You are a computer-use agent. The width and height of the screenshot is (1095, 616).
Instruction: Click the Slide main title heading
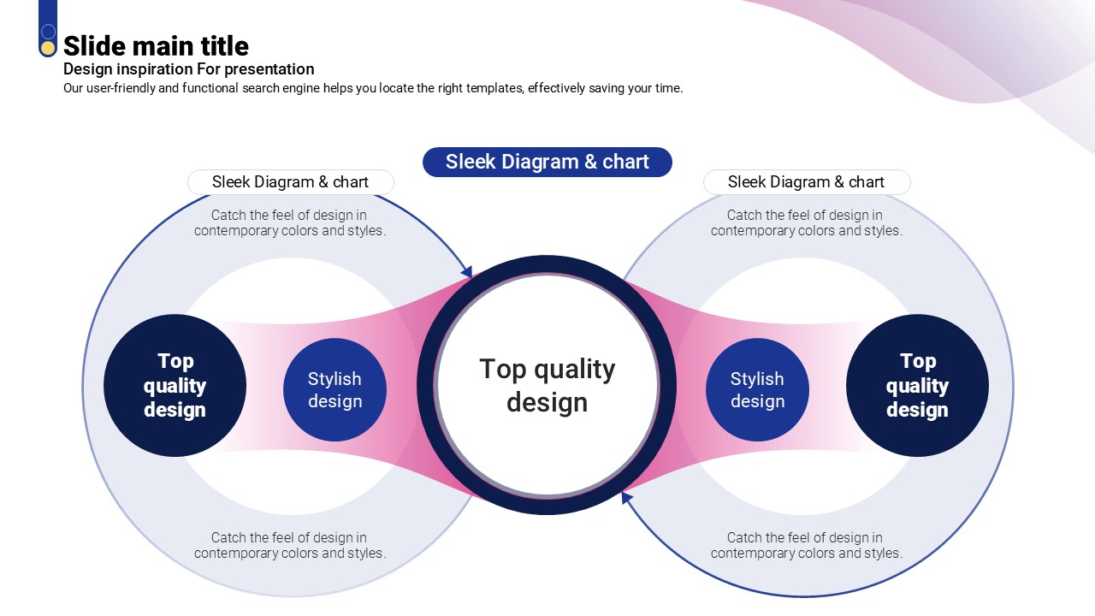[156, 46]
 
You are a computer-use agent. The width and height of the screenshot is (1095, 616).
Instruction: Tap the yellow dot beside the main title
[48, 48]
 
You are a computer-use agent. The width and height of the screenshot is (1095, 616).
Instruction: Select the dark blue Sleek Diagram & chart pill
[547, 162]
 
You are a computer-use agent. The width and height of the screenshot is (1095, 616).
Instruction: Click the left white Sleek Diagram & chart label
[290, 182]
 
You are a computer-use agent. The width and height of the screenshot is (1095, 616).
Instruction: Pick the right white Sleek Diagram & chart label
[806, 182]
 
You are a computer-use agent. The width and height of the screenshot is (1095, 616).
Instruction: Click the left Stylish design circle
[334, 390]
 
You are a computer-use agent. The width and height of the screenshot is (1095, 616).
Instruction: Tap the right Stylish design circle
[757, 390]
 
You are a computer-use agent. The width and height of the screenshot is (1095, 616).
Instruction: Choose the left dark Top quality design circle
[175, 386]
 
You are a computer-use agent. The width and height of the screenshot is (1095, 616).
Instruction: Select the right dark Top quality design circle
[917, 386]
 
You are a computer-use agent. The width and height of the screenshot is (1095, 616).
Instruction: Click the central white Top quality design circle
[547, 385]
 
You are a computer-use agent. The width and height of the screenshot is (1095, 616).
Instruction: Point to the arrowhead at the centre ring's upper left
[467, 272]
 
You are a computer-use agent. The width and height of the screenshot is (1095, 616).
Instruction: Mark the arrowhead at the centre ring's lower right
[627, 497]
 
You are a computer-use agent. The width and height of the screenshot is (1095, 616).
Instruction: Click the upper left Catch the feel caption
[289, 222]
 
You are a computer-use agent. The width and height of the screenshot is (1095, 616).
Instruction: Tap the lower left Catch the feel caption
[289, 545]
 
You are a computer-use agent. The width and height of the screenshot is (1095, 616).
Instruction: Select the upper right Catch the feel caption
[806, 222]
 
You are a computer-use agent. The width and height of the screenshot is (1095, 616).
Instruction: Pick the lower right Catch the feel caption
[806, 545]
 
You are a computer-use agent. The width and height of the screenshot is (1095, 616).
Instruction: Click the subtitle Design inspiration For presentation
[188, 69]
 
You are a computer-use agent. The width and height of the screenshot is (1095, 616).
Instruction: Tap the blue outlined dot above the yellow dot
[48, 32]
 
